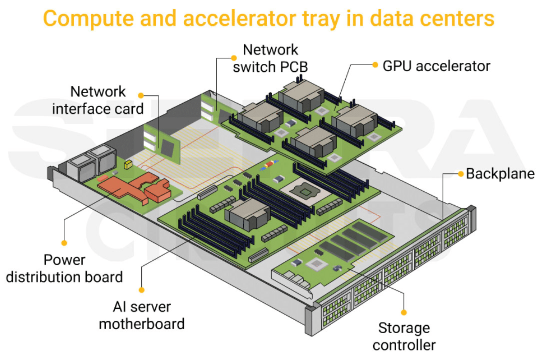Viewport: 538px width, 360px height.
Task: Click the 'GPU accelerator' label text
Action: click(436, 66)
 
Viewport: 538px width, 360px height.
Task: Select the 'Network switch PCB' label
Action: click(270, 58)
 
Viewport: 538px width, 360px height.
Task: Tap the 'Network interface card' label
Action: click(98, 100)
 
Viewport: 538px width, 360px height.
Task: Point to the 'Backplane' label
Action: click(500, 174)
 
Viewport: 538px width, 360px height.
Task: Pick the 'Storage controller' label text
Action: click(403, 336)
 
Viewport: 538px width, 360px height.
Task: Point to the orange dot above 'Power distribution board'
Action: click(64, 243)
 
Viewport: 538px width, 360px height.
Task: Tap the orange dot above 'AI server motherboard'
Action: click(142, 290)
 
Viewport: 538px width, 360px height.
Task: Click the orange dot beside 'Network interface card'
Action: click(141, 95)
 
